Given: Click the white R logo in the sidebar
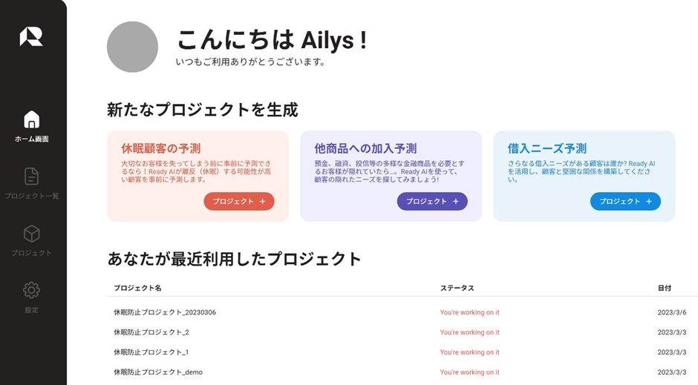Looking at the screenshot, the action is [x=31, y=36].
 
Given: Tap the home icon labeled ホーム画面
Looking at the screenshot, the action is [x=32, y=119].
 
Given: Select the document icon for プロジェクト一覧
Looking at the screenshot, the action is [x=31, y=177].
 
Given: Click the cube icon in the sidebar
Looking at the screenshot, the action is [x=32, y=234].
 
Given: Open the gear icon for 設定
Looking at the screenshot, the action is [x=31, y=290].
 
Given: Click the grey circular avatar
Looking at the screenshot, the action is [x=133, y=47].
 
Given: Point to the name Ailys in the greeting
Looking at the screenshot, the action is [x=327, y=41].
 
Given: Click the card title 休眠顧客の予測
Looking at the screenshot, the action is [x=160, y=148].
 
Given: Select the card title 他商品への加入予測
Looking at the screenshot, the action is [x=365, y=148].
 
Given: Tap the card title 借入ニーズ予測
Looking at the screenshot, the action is [x=547, y=148].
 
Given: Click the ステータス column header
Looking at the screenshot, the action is [x=457, y=288].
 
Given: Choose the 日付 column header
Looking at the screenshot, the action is [x=664, y=288].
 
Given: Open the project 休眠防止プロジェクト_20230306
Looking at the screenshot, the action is [x=165, y=312].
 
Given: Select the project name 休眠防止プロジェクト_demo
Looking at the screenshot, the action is [x=158, y=372].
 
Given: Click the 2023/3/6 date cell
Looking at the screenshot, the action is [x=672, y=312].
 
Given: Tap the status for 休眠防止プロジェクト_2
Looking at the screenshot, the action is [x=469, y=332].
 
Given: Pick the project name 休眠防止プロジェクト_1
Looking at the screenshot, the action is [x=151, y=352].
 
